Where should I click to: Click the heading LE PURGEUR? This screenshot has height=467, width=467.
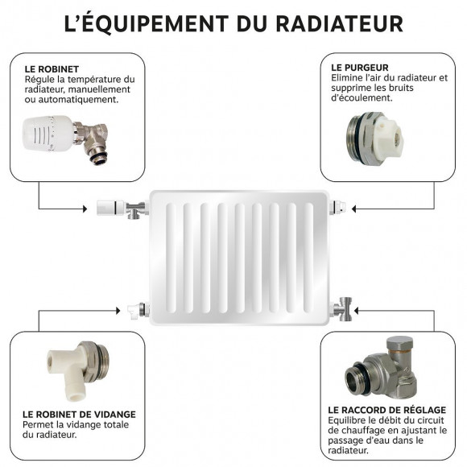tap(361, 67)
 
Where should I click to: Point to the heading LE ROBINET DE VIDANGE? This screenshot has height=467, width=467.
tap(79, 415)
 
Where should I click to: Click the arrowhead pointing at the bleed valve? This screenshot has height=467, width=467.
tap(354, 209)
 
